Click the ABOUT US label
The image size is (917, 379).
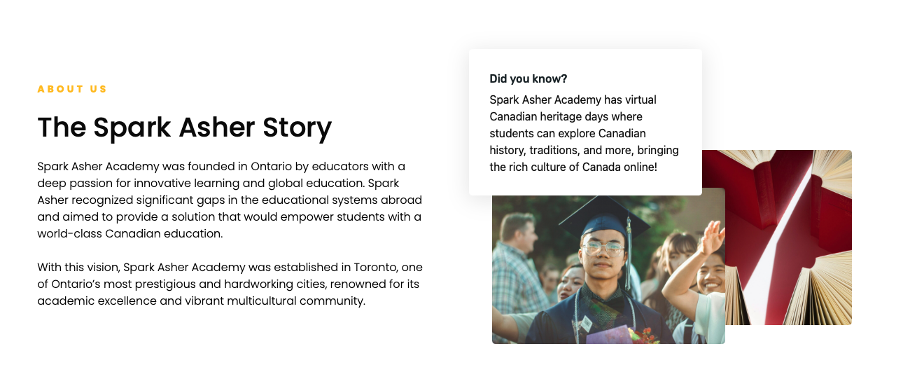72,89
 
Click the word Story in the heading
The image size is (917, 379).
297,128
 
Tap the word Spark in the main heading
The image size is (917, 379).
132,128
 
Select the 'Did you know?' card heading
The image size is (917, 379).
528,78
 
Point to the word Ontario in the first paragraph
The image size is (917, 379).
271,166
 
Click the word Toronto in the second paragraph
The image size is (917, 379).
375,267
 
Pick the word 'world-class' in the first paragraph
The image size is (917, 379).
69,233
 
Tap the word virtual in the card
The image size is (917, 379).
640,99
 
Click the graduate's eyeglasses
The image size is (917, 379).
603,248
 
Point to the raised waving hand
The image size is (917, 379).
712,237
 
